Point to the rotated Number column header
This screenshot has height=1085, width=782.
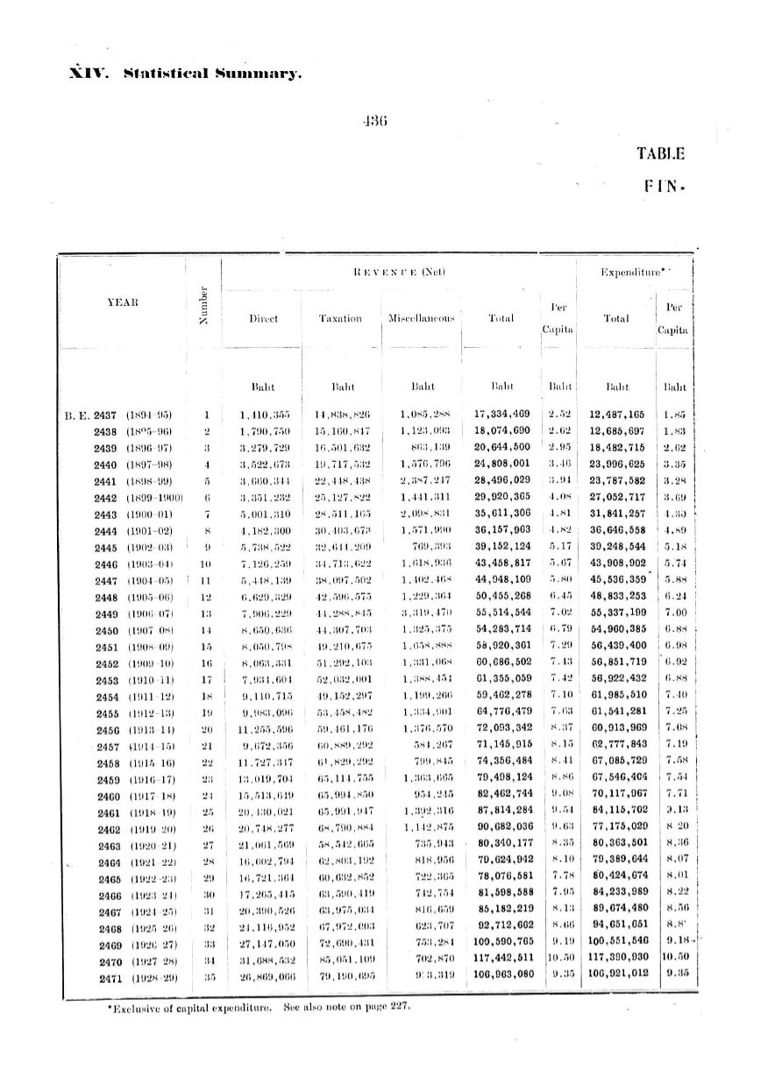[x=203, y=306]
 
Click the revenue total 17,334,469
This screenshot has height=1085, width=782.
[x=501, y=414]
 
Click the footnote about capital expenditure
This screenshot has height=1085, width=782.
[x=253, y=1005]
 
